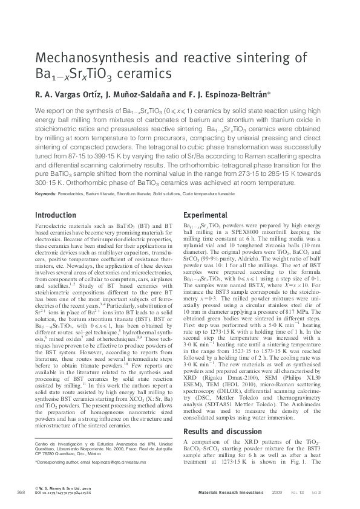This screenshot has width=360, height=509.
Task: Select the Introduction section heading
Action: point(56,215)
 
